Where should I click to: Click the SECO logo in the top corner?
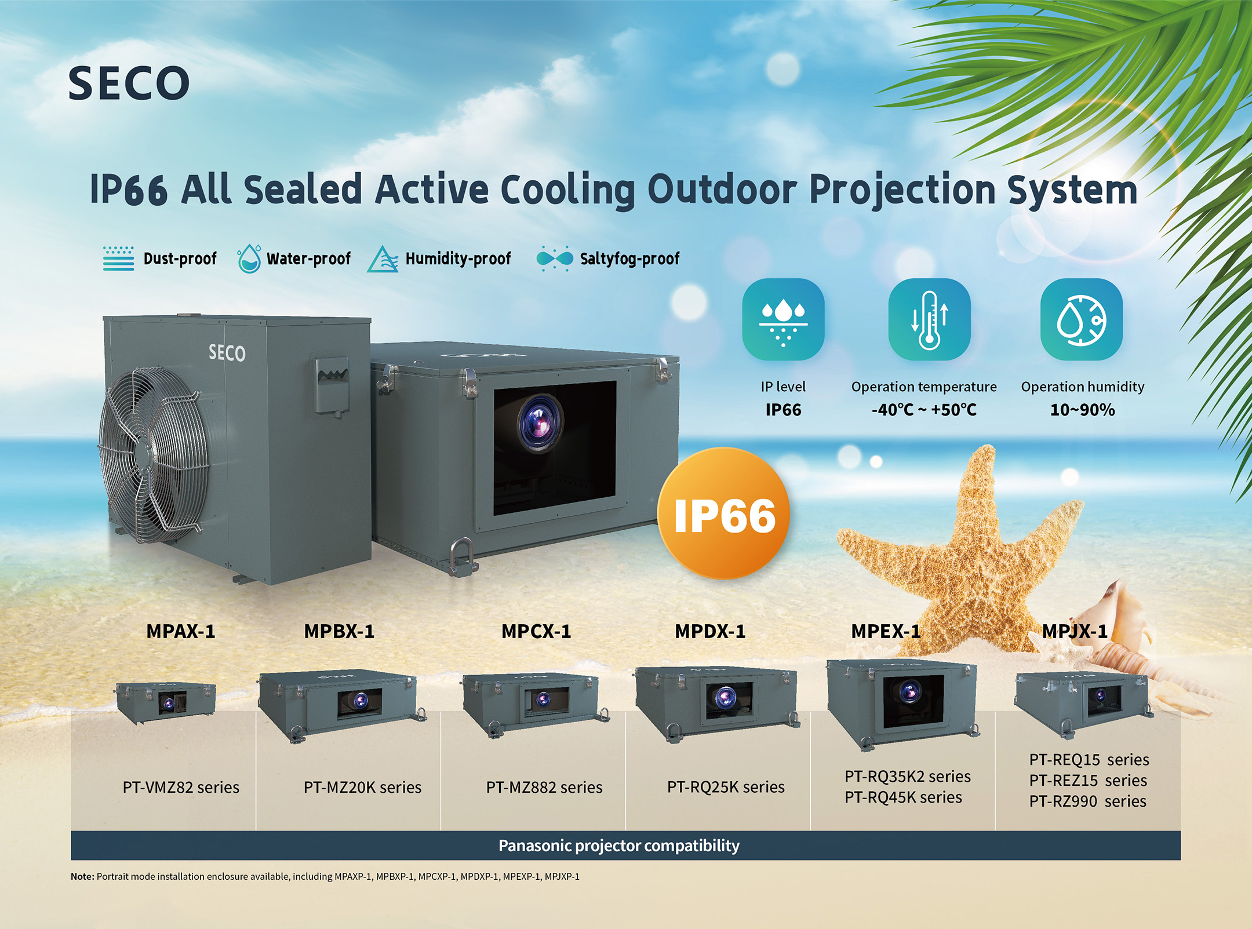click(x=129, y=83)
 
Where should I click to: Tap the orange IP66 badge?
click(x=724, y=513)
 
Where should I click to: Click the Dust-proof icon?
click(x=118, y=258)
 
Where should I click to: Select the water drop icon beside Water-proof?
click(x=249, y=258)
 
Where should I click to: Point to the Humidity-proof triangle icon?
click(x=383, y=259)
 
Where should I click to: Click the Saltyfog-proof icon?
click(x=555, y=258)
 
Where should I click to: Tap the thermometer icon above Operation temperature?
click(x=929, y=319)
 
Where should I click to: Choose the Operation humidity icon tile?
click(x=1082, y=319)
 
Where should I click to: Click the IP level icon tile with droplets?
click(x=783, y=319)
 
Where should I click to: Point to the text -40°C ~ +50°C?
click(x=924, y=410)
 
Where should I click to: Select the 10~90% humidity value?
click(x=1082, y=410)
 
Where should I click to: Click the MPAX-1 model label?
click(x=181, y=631)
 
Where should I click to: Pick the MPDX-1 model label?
click(x=710, y=631)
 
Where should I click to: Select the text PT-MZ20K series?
click(x=362, y=787)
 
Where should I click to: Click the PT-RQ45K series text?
click(x=903, y=797)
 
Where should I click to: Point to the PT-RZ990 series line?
click(x=1088, y=802)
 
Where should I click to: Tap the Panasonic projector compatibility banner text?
click(x=619, y=846)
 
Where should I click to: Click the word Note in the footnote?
click(x=82, y=876)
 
